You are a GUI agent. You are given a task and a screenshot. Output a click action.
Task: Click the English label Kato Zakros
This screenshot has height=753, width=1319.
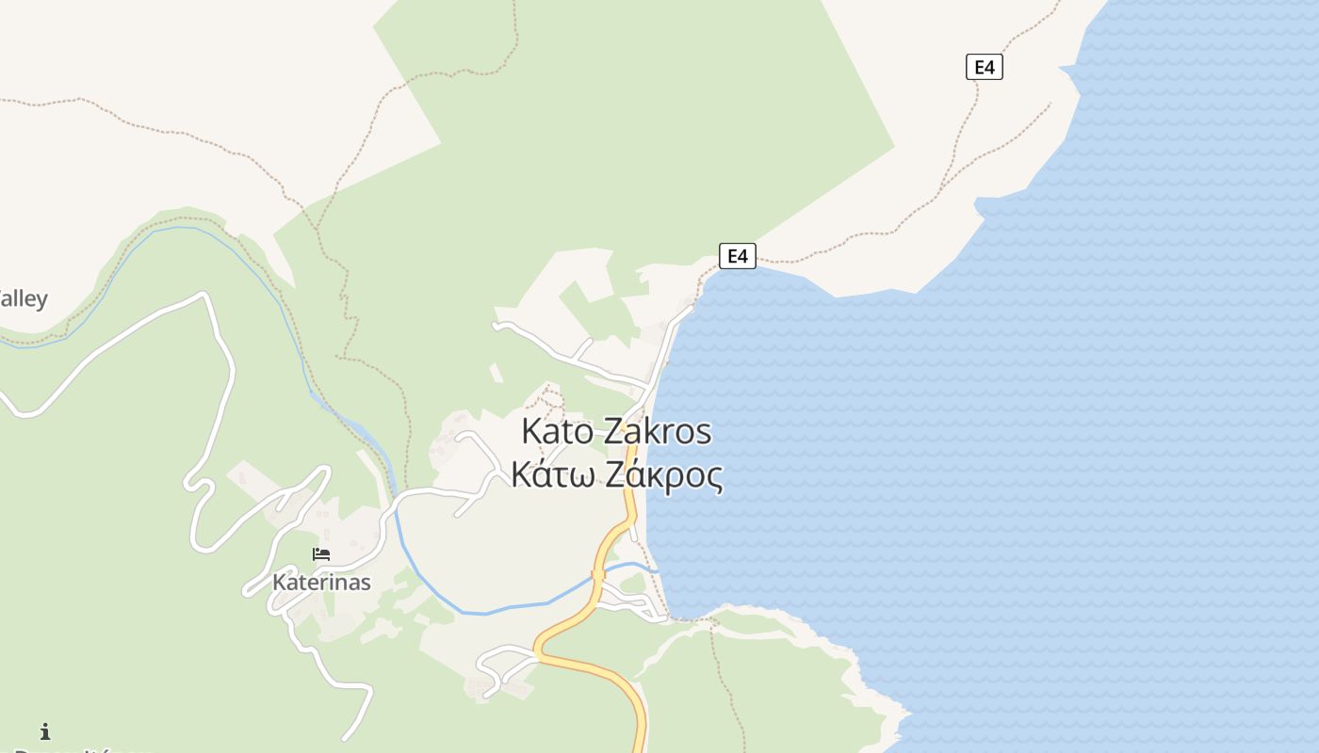pos(616,432)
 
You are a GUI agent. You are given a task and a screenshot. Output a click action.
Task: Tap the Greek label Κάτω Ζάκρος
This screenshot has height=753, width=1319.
pos(616,474)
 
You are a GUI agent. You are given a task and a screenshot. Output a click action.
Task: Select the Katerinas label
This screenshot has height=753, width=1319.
pos(321,582)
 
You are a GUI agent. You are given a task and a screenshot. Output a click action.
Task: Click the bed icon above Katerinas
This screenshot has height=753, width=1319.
pos(321,554)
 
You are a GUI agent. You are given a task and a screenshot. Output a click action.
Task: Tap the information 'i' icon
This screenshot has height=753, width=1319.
pos(44,731)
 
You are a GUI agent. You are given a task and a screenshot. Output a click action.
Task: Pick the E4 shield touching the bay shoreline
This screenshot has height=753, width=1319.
pos(738,256)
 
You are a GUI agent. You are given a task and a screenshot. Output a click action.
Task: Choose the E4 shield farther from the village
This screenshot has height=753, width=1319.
pos(984,67)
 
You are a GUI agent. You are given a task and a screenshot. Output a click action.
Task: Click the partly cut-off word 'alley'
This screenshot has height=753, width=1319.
pos(23,299)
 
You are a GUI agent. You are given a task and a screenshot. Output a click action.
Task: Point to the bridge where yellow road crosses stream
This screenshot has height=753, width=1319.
pos(598,575)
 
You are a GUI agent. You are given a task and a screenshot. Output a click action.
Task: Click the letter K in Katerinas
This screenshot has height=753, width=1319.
pos(279,582)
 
